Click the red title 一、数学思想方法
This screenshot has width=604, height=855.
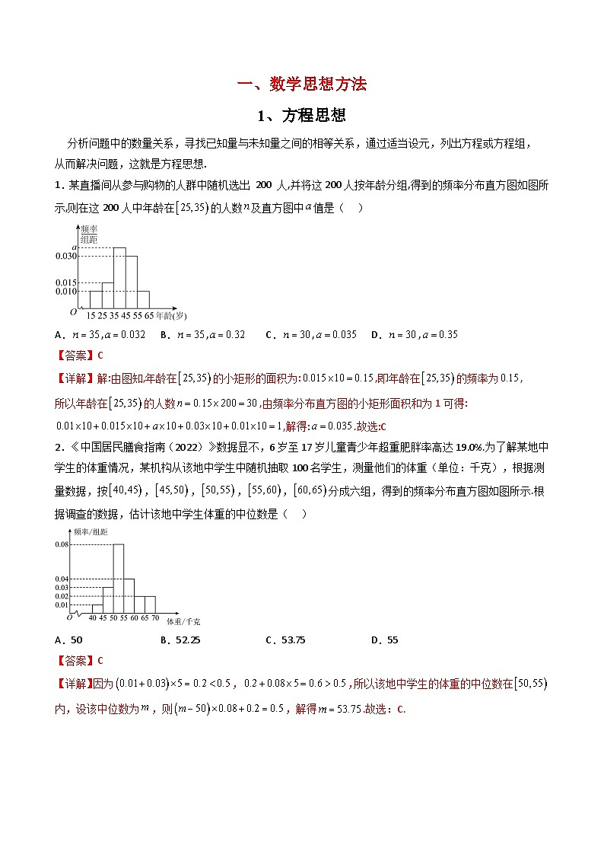(x=302, y=85)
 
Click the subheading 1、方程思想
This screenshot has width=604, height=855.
(x=302, y=116)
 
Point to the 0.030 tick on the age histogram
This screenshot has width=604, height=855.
(x=66, y=257)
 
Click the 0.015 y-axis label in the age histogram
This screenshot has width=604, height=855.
(x=66, y=282)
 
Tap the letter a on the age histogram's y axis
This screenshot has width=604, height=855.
(x=74, y=247)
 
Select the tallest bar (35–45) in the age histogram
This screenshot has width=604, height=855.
(x=119, y=278)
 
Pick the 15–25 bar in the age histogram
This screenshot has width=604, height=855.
(x=96, y=300)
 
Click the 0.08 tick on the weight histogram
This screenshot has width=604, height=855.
(x=62, y=544)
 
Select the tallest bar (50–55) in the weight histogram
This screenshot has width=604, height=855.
(x=119, y=579)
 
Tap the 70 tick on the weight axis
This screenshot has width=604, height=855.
(x=155, y=618)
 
